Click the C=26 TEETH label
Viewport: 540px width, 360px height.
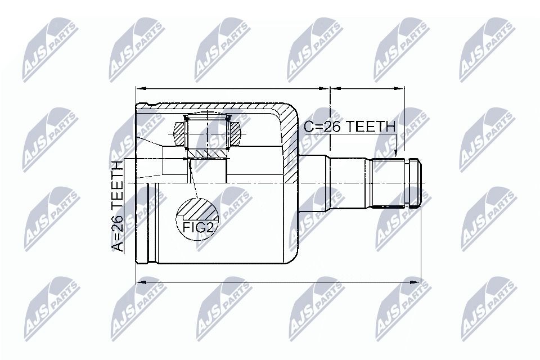click(349, 127)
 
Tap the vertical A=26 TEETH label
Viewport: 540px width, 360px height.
click(117, 205)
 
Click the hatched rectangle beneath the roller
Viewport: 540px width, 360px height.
click(208, 152)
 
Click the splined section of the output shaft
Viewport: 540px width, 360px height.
click(388, 183)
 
